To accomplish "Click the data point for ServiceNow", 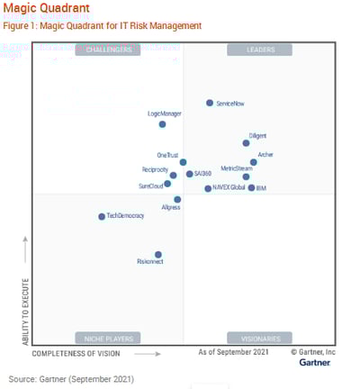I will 210,104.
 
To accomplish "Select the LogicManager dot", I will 162,124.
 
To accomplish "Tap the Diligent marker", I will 246,142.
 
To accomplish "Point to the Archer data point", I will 254,162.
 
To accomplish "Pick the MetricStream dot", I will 246,176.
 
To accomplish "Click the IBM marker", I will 251,188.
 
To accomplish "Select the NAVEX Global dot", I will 208,188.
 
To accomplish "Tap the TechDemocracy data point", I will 102,216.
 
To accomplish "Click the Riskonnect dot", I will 158,255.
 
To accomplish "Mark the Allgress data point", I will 177,199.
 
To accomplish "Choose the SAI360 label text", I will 203,173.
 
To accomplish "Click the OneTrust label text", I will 167,155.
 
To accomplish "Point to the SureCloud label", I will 150,185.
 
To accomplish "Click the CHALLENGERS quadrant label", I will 109,50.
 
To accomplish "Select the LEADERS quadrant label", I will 261,50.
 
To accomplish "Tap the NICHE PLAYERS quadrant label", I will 109,338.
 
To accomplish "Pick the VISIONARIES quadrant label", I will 261,338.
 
